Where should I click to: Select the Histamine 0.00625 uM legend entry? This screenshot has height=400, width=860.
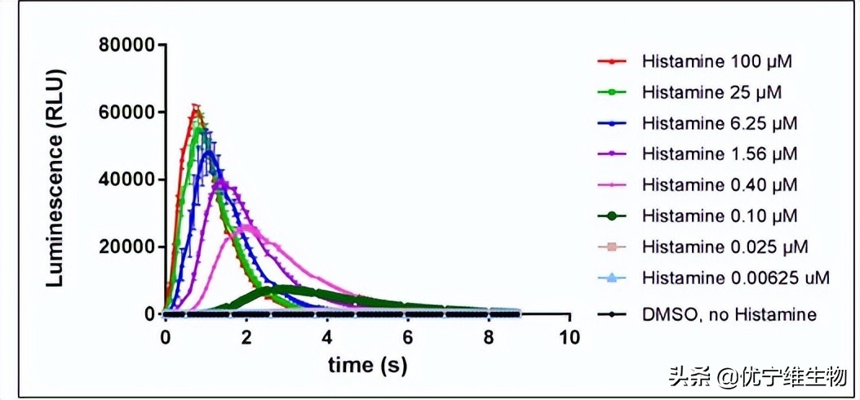tap(735, 278)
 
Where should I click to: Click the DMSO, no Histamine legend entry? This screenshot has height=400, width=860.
tap(729, 314)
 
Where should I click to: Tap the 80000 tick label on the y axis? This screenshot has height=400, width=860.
tap(126, 44)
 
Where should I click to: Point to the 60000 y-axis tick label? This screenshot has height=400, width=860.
tap(126, 112)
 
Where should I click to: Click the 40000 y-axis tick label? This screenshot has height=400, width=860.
tap(126, 180)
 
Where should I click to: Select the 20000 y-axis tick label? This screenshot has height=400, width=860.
tap(126, 247)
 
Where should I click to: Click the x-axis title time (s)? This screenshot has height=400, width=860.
tap(367, 364)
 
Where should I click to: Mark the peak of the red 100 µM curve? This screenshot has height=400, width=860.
tap(195, 105)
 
